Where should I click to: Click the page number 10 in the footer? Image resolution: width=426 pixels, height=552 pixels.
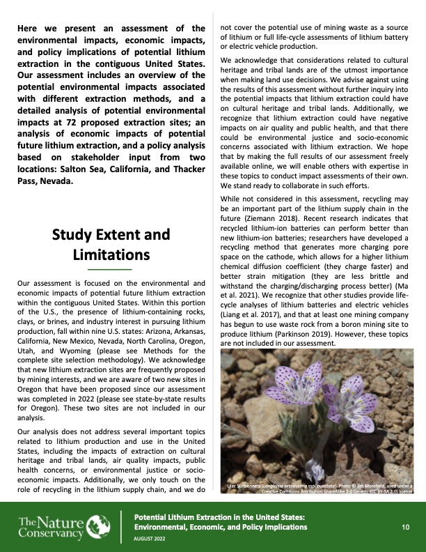[x=405, y=527]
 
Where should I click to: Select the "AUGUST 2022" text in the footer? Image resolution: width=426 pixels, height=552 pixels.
[x=152, y=539]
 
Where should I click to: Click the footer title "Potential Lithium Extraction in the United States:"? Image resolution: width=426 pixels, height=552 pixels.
[x=220, y=517]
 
